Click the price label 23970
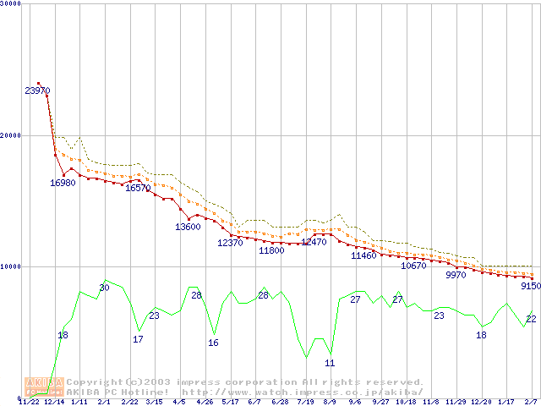click(x=37, y=91)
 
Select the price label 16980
click(x=63, y=183)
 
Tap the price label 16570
click(x=138, y=189)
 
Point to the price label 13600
click(x=188, y=227)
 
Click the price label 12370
click(x=230, y=243)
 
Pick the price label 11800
click(x=271, y=250)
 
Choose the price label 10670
click(x=413, y=266)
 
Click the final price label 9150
click(x=530, y=286)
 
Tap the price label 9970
click(x=456, y=274)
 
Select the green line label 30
click(x=104, y=288)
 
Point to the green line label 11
click(x=330, y=363)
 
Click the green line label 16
click(x=213, y=343)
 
